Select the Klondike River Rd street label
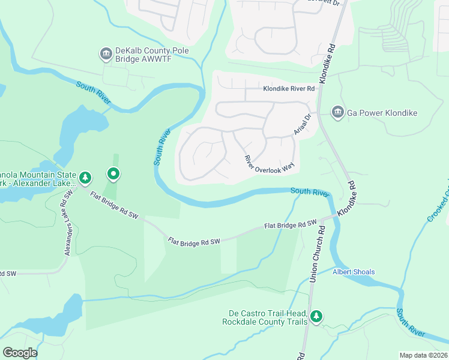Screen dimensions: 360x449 [289, 89]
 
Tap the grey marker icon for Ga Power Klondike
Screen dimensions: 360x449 [337, 112]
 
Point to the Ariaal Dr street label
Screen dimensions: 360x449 [303, 124]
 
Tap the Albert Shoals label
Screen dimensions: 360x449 [354, 272]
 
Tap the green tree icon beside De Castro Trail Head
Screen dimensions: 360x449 [316, 316]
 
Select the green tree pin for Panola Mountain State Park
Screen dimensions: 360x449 [85, 178]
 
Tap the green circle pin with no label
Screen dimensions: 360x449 [113, 175]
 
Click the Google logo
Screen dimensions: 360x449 [20, 353]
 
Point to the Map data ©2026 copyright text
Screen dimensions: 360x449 [423, 355]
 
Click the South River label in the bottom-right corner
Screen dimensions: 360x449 [411, 324]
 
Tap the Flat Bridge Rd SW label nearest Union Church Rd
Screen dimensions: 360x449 [291, 225]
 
